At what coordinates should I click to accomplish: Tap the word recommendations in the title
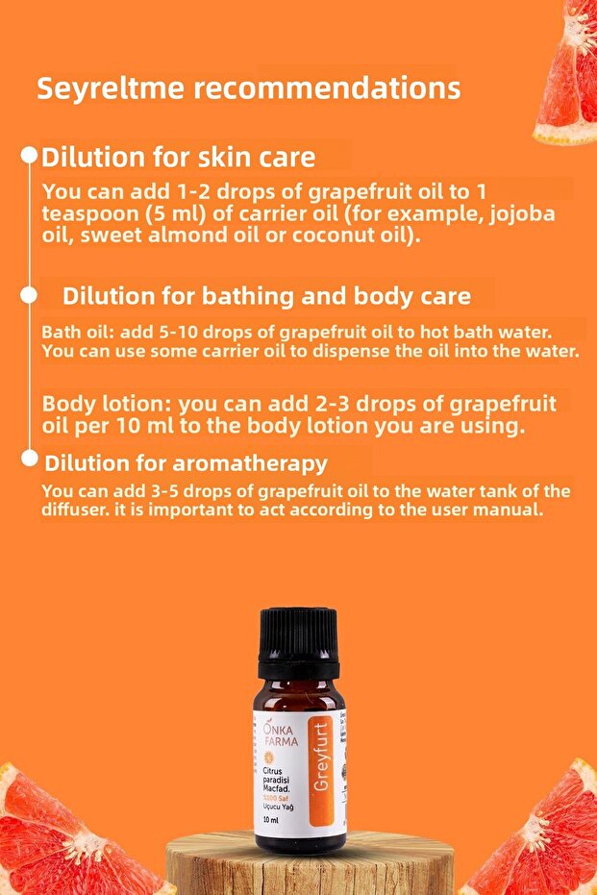pyautogui.click(x=327, y=88)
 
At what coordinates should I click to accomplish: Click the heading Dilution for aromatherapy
pyautogui.click(x=186, y=463)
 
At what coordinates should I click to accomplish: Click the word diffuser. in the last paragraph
pyautogui.click(x=78, y=511)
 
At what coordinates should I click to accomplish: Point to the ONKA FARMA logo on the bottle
pyautogui.click(x=280, y=735)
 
